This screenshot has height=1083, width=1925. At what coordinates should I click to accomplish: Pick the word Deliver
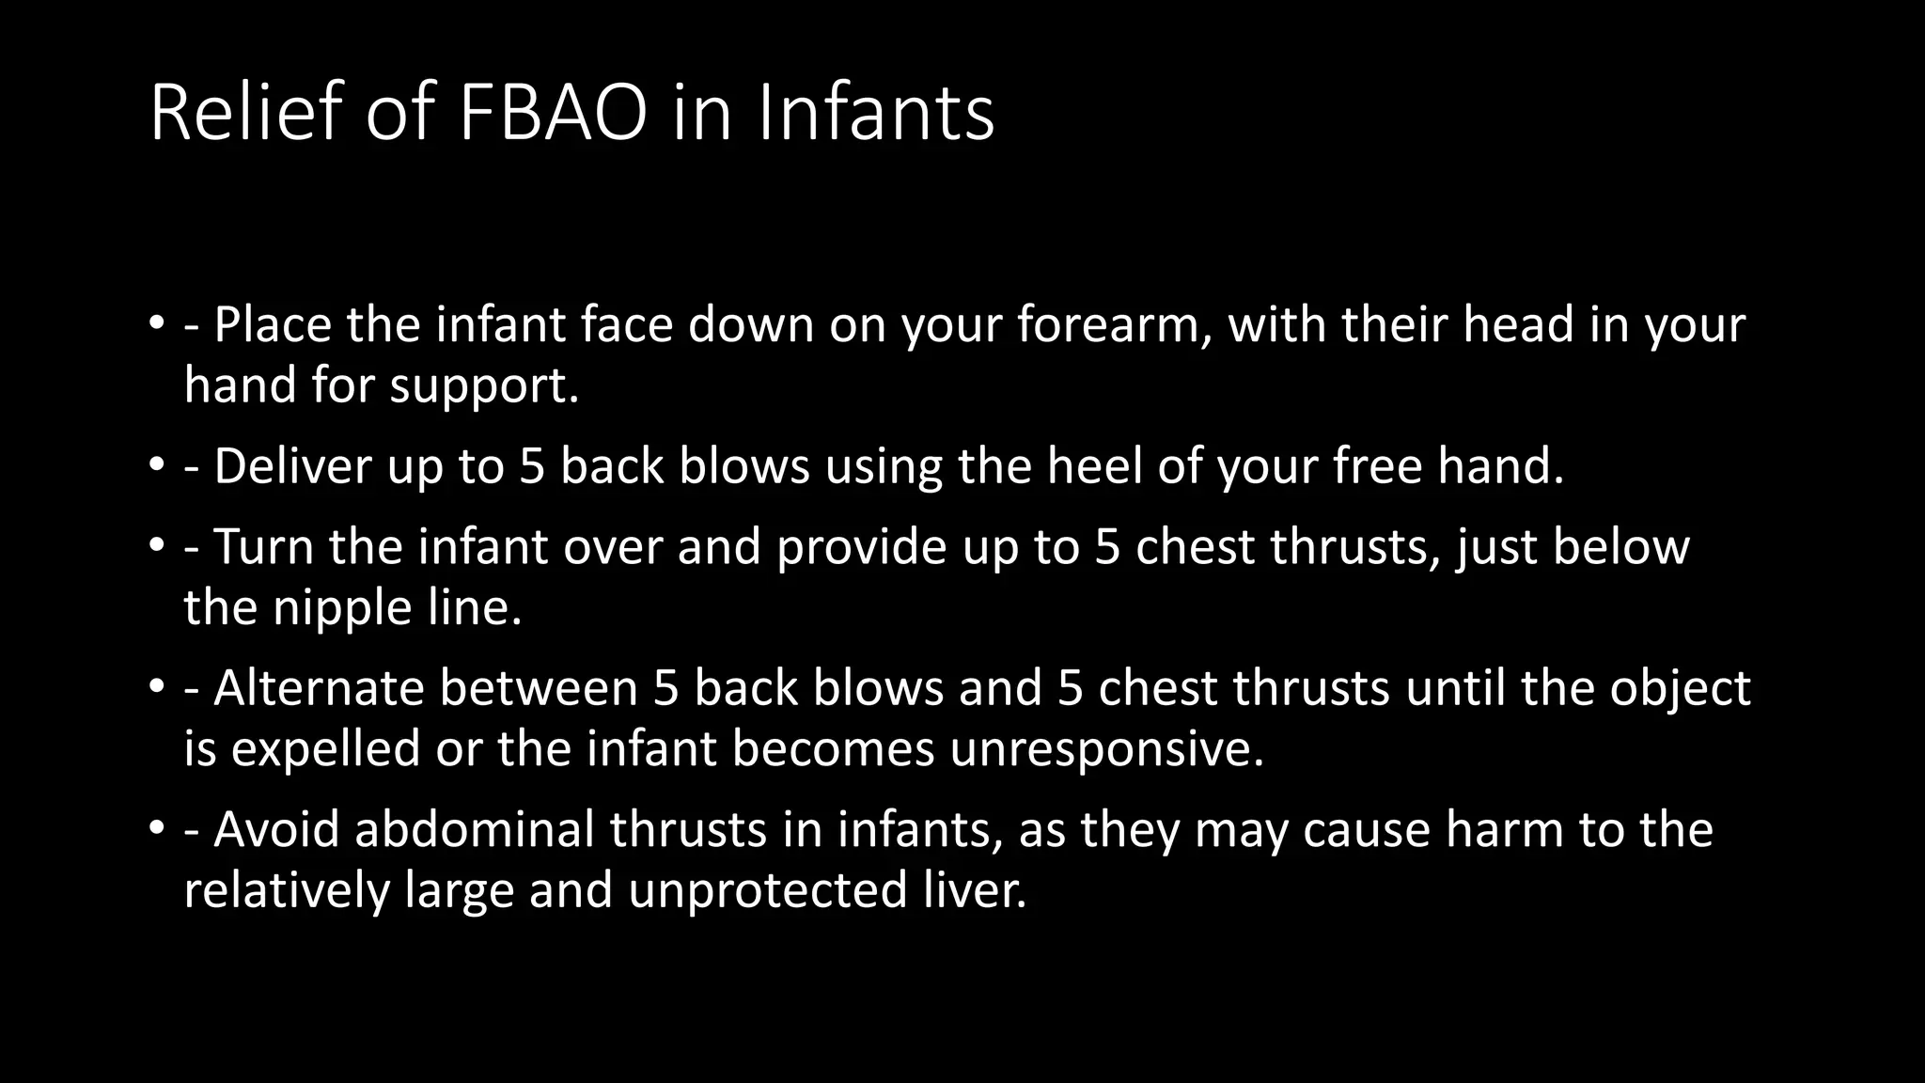click(x=292, y=466)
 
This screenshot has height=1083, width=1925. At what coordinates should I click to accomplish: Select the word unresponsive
click(x=1106, y=749)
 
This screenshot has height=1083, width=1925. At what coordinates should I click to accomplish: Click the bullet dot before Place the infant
click(x=155, y=325)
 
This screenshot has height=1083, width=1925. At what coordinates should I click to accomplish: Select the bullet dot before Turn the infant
click(x=155, y=547)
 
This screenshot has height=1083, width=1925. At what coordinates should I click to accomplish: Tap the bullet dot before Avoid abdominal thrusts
click(x=155, y=829)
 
